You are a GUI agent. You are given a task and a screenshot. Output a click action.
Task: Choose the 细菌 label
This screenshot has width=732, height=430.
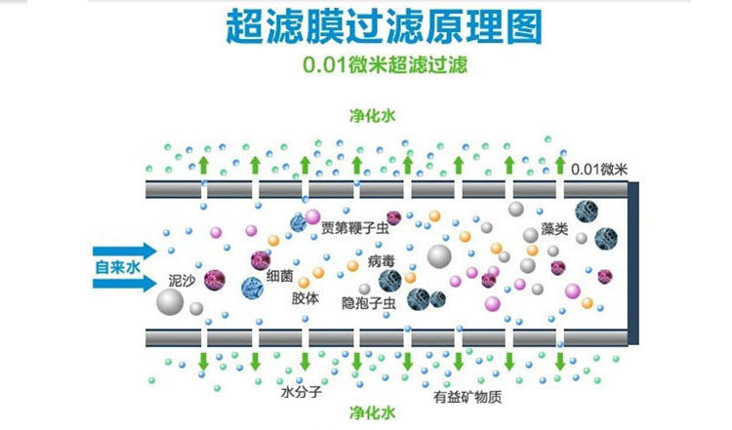coord(279,276)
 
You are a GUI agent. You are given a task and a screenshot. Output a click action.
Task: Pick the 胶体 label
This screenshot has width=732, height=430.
coord(305,299)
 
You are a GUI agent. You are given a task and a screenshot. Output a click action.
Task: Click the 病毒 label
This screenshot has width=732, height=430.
coord(382,262)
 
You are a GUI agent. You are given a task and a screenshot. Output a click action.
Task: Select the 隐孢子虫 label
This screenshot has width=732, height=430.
coord(368,303)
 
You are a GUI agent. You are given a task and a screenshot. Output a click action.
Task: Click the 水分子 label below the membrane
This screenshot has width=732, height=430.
coord(300,395)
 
